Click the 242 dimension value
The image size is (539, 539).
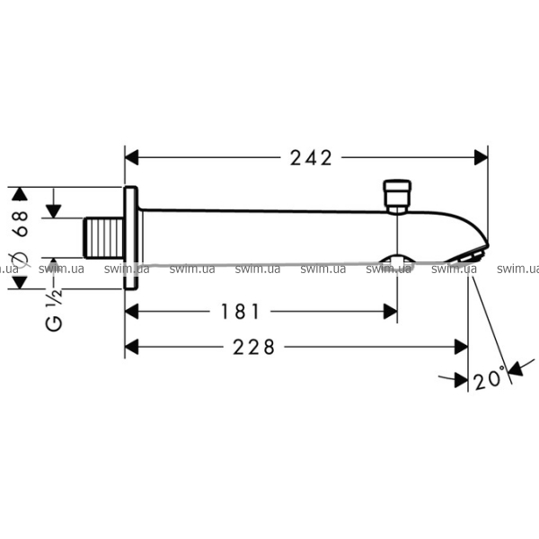(x=311, y=158)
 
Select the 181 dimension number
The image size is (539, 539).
(x=240, y=312)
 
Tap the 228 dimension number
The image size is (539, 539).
(x=254, y=347)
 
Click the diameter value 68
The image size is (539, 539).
(x=21, y=224)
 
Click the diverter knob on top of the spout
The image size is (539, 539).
(x=397, y=196)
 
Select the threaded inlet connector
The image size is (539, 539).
(x=103, y=238)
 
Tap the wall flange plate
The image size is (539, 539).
(x=131, y=238)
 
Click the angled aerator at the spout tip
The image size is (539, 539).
(x=468, y=255)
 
